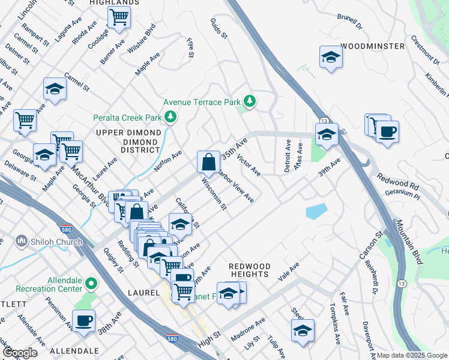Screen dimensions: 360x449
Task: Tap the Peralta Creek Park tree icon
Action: tap(171, 116)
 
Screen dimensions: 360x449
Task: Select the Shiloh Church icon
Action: tap(22, 241)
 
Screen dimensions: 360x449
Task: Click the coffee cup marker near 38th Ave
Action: tap(83, 320)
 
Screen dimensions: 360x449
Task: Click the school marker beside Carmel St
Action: tap(55, 89)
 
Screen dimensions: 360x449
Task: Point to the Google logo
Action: tap(20, 353)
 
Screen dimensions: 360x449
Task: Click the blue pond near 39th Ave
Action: tap(316, 211)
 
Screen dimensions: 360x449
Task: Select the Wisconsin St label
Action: tap(214, 194)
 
